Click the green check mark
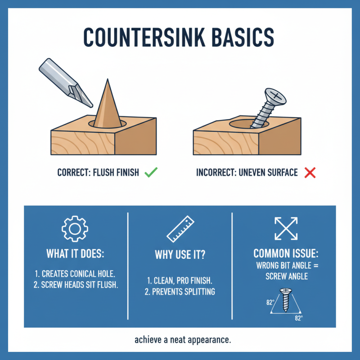coord(151,172)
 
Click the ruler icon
coord(180,229)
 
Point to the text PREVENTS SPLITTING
coord(184,292)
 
